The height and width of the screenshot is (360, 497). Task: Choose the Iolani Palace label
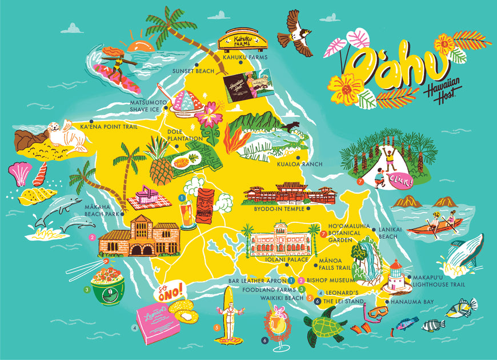[282, 259]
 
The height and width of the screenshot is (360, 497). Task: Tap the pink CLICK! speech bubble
[399, 179]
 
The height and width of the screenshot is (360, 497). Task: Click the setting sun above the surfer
[141, 45]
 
